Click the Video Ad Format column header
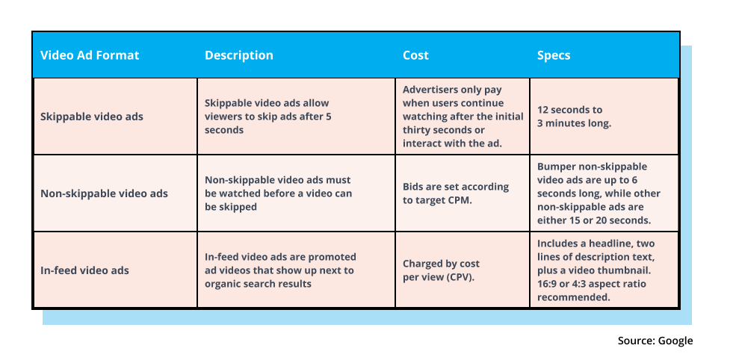90,55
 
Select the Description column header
239,55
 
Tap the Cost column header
415,55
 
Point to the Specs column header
554,56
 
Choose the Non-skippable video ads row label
104,193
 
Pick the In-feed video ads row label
84,270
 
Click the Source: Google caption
655,341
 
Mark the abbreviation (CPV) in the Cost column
462,276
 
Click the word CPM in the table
460,199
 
